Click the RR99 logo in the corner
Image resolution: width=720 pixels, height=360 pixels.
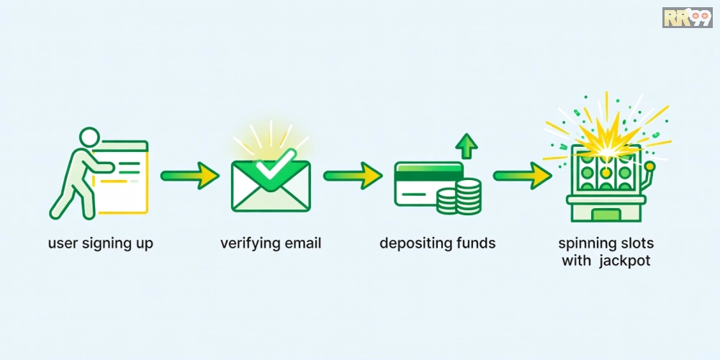point(687,17)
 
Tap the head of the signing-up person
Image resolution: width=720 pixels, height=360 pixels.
point(89,137)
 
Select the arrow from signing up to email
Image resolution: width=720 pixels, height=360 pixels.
point(189,175)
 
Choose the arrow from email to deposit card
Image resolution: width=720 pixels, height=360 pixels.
point(353,175)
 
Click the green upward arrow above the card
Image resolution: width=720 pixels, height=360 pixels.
point(467,146)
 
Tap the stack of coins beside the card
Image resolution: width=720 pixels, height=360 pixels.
point(459,197)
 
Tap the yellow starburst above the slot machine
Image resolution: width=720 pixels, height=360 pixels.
point(606,138)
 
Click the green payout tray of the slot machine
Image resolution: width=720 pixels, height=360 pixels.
point(606,215)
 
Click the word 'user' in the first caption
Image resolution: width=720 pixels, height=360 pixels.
point(63,244)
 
